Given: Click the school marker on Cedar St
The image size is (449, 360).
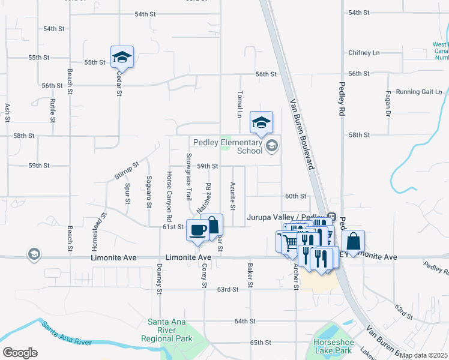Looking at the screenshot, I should pos(122,57).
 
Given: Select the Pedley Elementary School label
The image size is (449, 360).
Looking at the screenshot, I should pos(228,146).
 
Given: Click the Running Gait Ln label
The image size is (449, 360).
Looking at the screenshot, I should pos(418,92).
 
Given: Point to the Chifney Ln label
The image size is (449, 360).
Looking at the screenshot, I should pos(364,53).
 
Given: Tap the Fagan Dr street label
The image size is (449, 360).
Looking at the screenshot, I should pos(388,103).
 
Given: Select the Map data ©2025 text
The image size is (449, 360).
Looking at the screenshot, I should pos(424,355).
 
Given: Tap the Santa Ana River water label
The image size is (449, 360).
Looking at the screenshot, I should pos(66,334).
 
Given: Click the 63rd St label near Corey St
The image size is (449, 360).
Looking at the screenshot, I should pos(228,289).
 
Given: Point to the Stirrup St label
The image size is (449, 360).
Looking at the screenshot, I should pos(126,170).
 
